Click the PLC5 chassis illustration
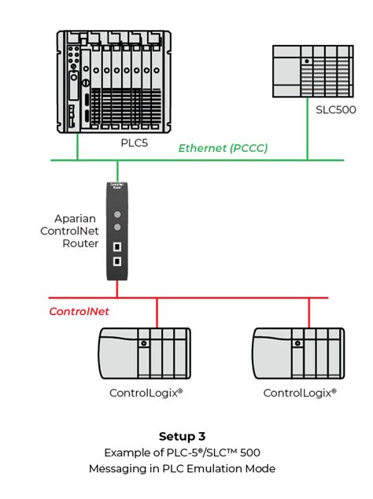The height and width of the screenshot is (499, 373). click(x=115, y=83)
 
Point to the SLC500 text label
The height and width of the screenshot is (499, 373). click(x=335, y=109)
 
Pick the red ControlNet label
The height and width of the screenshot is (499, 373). click(x=79, y=312)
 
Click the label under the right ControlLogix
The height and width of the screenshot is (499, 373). click(x=299, y=392)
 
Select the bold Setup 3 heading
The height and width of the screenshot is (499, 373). click(x=186, y=435)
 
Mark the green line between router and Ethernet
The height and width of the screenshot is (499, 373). click(x=117, y=171)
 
